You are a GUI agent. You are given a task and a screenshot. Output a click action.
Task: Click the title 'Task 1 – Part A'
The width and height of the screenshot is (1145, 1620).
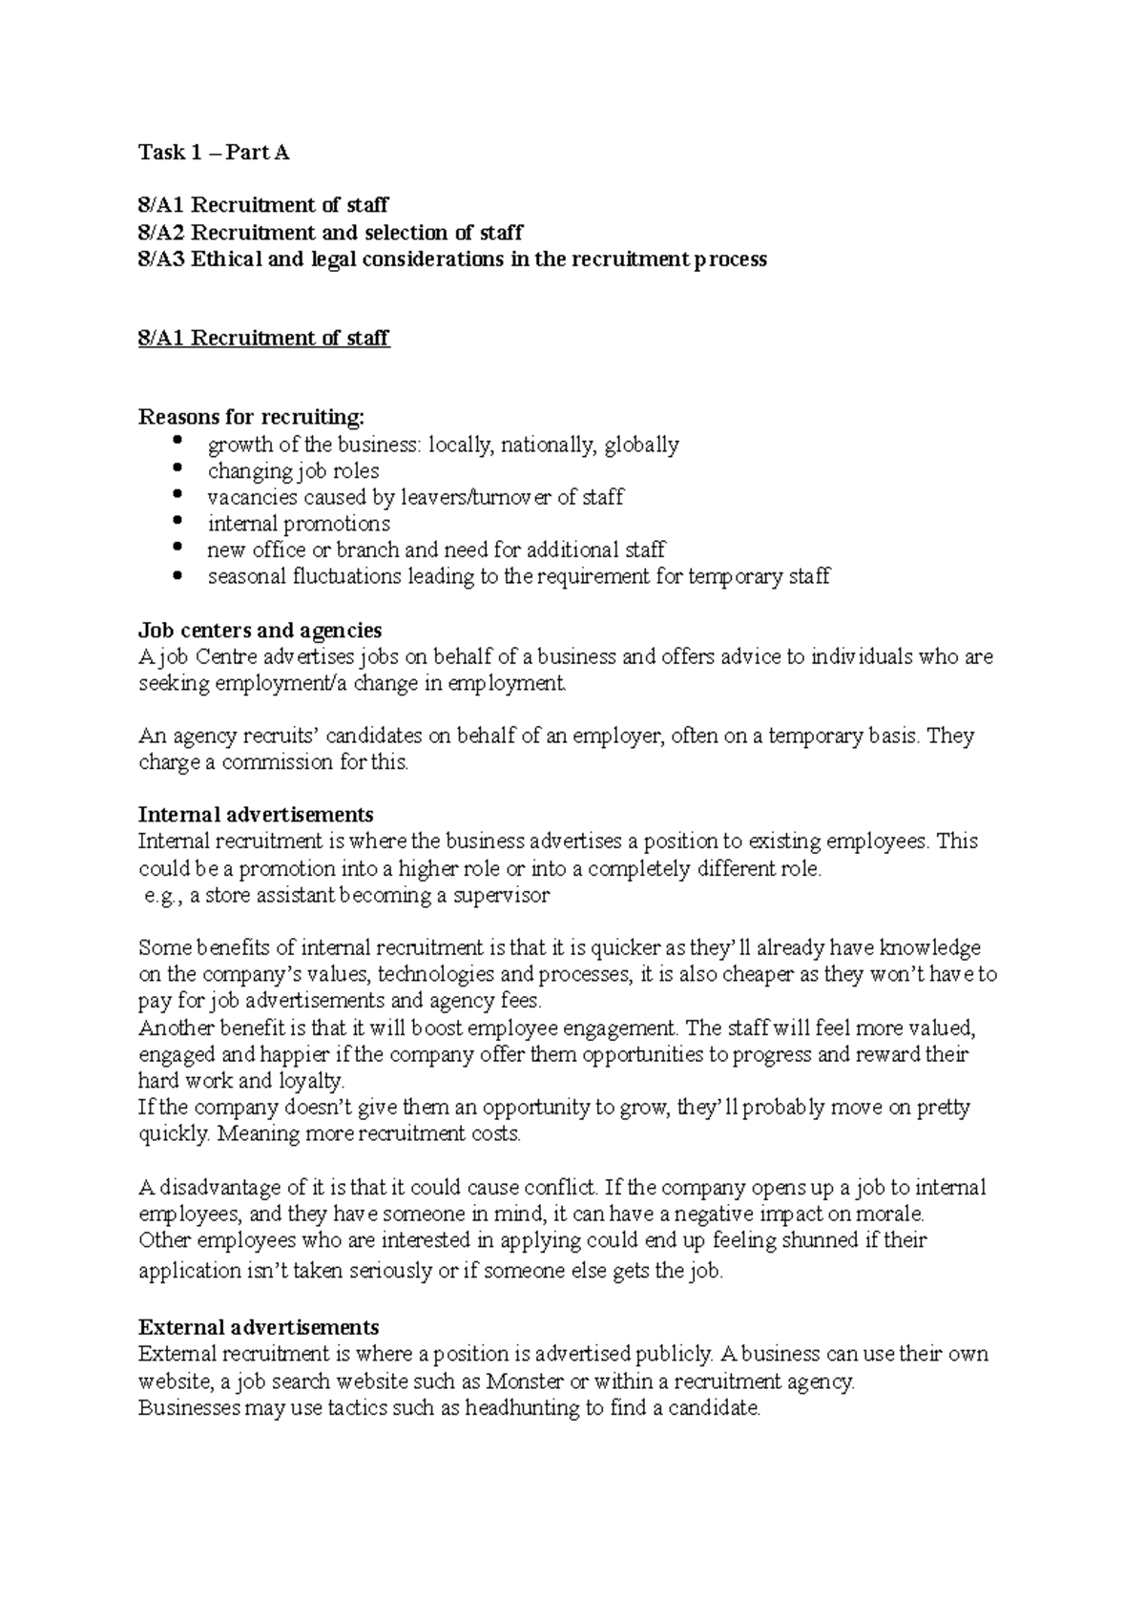[x=213, y=152]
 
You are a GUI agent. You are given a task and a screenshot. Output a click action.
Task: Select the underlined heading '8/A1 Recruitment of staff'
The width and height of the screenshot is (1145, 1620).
[x=263, y=338]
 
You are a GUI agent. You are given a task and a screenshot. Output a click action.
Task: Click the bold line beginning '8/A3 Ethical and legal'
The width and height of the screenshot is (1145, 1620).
[x=451, y=259]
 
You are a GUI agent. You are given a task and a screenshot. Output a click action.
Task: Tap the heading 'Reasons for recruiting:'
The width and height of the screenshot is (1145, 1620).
[x=251, y=417]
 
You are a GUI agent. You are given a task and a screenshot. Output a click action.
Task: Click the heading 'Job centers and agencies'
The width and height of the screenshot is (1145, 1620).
[x=260, y=630]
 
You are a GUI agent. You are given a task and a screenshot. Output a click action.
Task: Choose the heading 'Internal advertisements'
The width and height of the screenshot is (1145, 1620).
[x=255, y=815]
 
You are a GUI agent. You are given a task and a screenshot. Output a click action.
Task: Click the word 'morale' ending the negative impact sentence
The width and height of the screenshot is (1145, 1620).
[x=889, y=1215]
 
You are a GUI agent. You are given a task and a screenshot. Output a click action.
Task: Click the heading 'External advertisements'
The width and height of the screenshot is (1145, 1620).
[x=259, y=1327]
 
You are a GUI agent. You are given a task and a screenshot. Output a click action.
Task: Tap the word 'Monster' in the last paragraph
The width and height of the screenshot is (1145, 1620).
[x=524, y=1381]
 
